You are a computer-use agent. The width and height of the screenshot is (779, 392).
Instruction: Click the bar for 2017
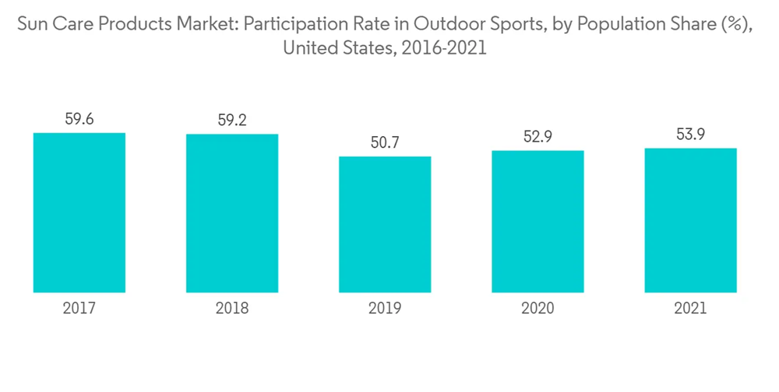click(79, 212)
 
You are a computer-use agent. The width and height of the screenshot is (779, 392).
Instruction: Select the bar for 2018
click(232, 213)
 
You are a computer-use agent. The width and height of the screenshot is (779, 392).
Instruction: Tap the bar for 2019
click(385, 224)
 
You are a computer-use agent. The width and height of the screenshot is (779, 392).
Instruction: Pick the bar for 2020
click(538, 221)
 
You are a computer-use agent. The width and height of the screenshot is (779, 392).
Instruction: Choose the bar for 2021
click(690, 220)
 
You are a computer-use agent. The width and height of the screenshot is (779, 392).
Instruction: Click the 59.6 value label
click(79, 119)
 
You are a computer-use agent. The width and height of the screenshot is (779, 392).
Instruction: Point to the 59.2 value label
click(232, 121)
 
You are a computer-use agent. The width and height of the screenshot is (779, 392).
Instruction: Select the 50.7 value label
click(385, 143)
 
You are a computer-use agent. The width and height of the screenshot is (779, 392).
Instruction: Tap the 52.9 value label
click(538, 137)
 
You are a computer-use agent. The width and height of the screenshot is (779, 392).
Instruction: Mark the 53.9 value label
click(690, 135)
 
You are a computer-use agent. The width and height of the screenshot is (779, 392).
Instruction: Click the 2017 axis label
click(79, 309)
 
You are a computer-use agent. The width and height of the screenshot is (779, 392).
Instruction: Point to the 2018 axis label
click(232, 309)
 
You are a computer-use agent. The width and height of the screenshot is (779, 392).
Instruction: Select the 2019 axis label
click(385, 309)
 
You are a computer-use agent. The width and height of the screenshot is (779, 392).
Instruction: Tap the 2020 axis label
click(538, 309)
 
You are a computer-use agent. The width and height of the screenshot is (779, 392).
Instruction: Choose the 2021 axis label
click(690, 309)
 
